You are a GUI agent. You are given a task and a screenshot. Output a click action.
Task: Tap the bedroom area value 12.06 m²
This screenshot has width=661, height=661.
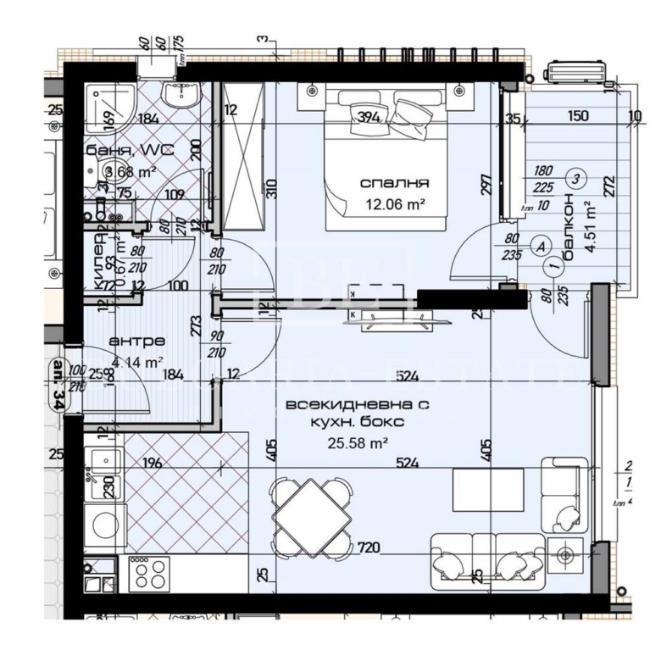395,203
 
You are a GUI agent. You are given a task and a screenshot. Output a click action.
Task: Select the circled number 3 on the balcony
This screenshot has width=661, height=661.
576,179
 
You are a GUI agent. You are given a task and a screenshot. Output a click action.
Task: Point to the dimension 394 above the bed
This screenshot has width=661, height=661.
368,118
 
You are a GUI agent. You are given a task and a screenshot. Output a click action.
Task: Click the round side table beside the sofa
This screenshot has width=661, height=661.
565,555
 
